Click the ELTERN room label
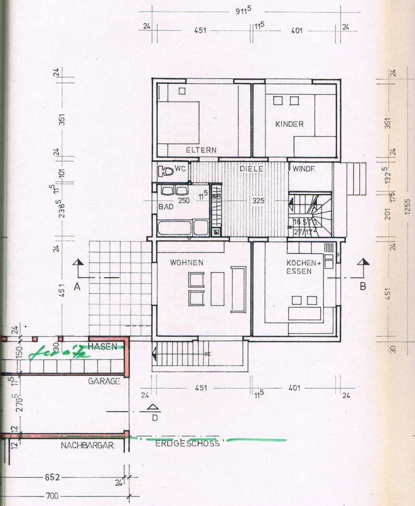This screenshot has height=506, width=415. tap(201, 150)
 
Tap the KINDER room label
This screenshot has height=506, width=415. tap(289, 124)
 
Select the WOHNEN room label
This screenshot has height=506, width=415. tap(187, 263)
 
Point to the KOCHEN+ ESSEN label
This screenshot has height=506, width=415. tap(303, 267)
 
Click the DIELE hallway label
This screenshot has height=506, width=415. tap(252, 169)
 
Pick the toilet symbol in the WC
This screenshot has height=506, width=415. tap(167, 170)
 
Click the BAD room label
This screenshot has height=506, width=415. tap(166, 206)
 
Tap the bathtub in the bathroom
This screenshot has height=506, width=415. tap(173, 227)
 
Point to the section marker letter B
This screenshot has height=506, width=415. tap(363, 286)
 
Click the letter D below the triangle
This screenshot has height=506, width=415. tap(154, 418)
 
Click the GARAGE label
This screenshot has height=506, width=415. tap(103, 381)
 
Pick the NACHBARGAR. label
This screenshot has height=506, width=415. tap(88, 446)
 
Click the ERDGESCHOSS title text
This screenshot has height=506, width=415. tap(187, 443)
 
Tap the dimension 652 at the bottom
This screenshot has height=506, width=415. tap(52, 477)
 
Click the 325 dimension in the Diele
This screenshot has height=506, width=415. tap(259, 200)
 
